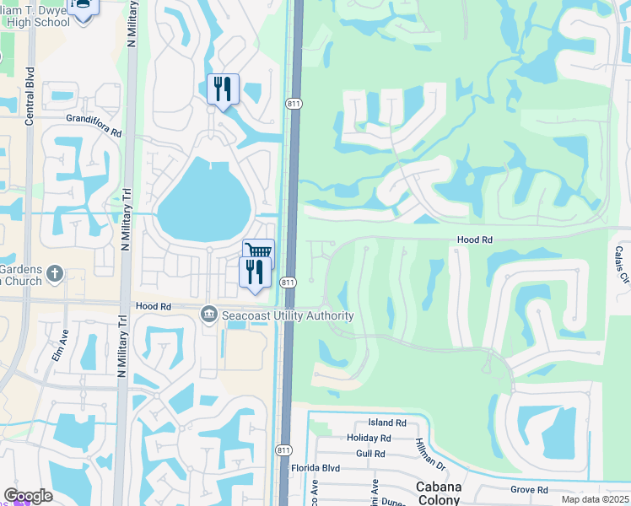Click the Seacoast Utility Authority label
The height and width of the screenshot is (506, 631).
click(288, 315)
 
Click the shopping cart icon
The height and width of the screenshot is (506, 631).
click(258, 251)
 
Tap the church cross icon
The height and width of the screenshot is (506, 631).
click(55, 273)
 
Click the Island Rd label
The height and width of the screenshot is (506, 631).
click(386, 423)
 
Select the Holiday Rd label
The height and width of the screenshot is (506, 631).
click(369, 438)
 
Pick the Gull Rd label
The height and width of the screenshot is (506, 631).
click(370, 454)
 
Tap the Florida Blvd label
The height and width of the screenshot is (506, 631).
click(315, 468)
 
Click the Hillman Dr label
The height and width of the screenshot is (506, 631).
click(429, 449)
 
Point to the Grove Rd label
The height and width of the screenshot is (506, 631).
click(529, 489)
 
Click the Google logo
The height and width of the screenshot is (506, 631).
click(27, 496)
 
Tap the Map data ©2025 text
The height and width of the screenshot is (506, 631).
click(594, 499)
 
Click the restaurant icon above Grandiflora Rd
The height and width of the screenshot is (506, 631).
click(223, 88)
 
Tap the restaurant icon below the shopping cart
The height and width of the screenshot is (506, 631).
click(255, 272)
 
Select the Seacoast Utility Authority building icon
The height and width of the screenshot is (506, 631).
click(208, 315)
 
